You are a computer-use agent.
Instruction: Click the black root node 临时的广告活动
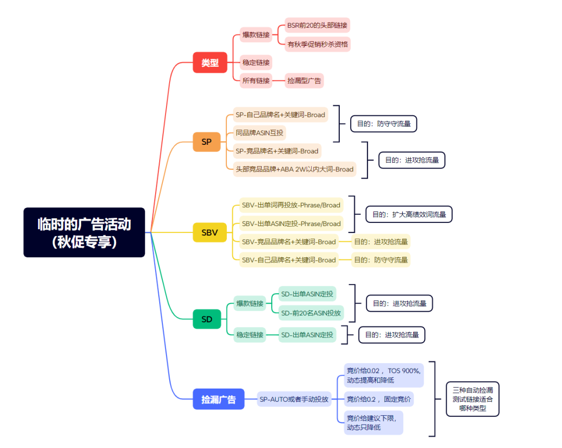click(x=84, y=232)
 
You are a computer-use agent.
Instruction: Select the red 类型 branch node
click(x=210, y=63)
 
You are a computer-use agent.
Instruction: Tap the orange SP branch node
click(x=207, y=142)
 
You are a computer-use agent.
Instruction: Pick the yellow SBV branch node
click(x=210, y=232)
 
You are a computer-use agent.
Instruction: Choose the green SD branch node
click(x=207, y=319)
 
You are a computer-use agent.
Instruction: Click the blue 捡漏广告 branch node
click(x=219, y=399)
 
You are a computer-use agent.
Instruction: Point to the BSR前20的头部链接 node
click(x=317, y=26)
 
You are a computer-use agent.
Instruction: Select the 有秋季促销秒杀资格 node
click(x=317, y=44)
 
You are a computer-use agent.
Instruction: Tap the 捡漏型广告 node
click(x=304, y=81)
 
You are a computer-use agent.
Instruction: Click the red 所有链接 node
click(x=256, y=81)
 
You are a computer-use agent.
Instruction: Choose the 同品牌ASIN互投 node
click(x=260, y=133)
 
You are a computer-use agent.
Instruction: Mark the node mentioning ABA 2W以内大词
click(x=295, y=169)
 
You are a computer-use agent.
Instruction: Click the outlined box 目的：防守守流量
click(x=384, y=124)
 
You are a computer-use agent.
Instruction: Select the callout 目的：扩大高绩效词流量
click(x=409, y=215)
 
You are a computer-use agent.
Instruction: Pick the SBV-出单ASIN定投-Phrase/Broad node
click(x=291, y=224)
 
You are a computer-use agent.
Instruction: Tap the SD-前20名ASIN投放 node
click(x=311, y=313)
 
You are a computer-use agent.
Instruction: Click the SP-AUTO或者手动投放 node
click(x=294, y=399)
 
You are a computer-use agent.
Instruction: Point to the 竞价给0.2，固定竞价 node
click(x=379, y=399)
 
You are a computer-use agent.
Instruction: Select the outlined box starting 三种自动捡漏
click(x=472, y=399)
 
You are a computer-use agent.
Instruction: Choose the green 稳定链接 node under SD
click(x=250, y=335)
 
